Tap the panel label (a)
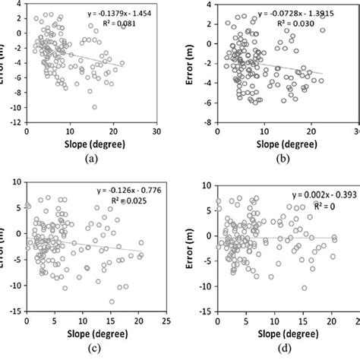click(92, 159)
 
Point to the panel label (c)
click(92, 349)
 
